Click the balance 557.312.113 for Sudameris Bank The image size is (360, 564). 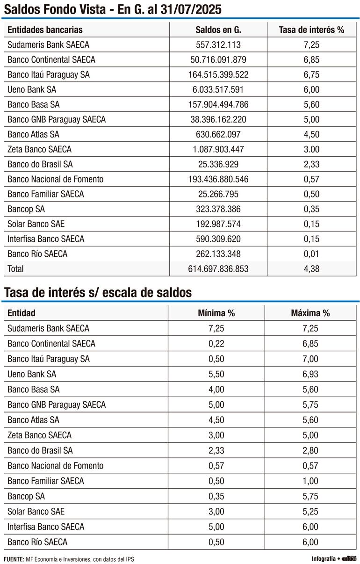pos(218,45)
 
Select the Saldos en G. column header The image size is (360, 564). pos(218,30)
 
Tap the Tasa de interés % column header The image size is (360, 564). pos(311,30)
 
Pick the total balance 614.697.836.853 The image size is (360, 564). pos(218,269)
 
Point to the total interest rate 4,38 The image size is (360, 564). pos(311,269)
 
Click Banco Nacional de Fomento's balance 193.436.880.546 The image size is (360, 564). pos(218,179)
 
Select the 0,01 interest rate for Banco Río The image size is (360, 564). pos(311,254)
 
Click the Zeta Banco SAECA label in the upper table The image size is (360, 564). pos(39,150)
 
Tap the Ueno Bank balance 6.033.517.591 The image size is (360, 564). pos(218,90)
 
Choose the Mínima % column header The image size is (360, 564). pos(216,313)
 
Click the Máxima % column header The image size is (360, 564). pos(310,313)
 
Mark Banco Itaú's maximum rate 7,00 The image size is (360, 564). pos(310,359)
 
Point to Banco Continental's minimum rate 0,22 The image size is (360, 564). pos(216,344)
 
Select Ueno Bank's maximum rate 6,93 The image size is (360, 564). pos(310,374)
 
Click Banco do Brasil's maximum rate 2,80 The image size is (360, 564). pos(310,450)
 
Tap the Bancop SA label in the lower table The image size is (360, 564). pos(26,496)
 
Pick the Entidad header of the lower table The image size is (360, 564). pos(21,313)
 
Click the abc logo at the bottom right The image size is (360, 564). pos(349,558)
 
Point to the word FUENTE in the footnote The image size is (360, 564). pos(14,559)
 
